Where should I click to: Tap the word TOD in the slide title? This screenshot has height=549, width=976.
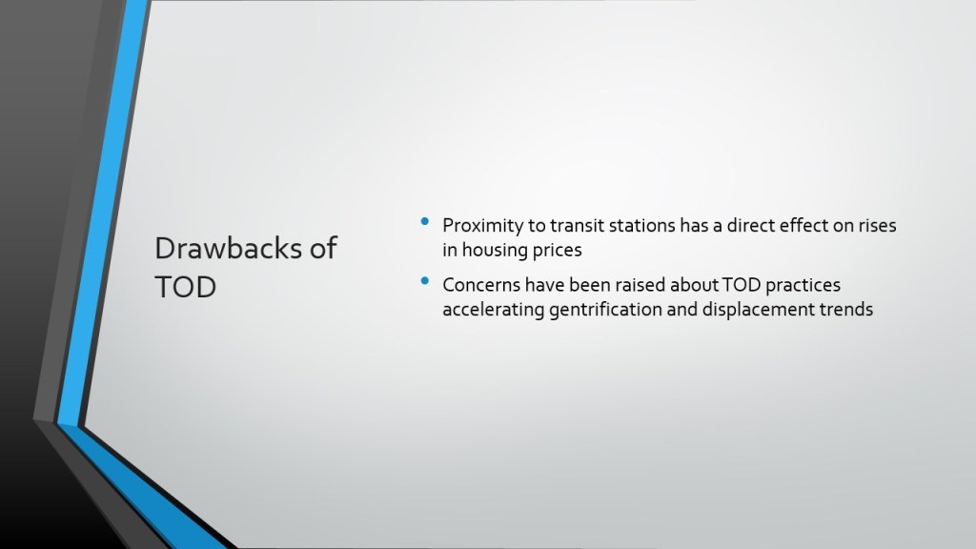pyautogui.click(x=186, y=287)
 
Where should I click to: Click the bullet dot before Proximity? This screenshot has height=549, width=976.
pyautogui.click(x=425, y=221)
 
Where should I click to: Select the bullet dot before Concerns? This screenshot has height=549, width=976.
pyautogui.click(x=425, y=281)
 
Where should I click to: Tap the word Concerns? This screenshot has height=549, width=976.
pyautogui.click(x=481, y=285)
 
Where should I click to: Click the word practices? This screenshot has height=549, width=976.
pyautogui.click(x=803, y=285)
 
